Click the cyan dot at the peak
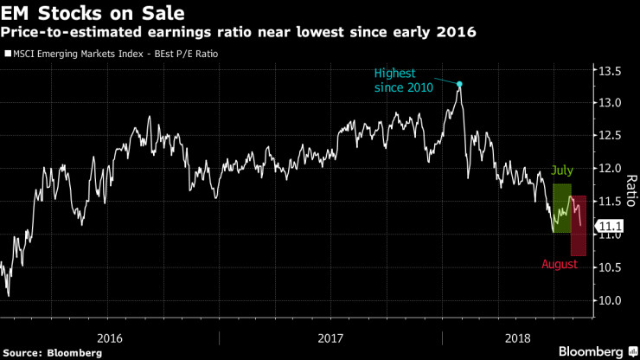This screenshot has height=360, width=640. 460,85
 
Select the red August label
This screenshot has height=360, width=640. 560,264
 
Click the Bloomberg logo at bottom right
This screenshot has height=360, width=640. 592,351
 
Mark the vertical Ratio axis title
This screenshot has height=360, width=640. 629,185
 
